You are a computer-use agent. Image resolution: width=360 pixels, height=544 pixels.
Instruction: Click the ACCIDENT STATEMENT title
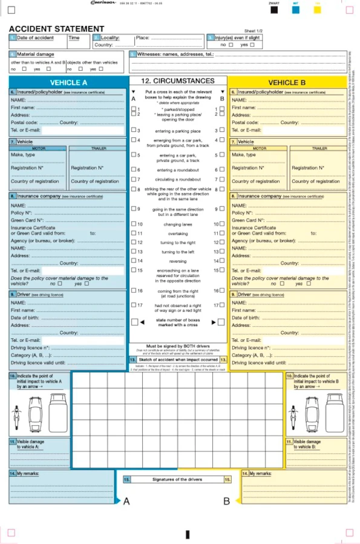56,28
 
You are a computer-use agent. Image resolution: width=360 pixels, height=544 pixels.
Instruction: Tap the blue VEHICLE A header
68,82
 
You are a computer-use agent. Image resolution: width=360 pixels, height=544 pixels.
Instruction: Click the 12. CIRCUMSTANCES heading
177,80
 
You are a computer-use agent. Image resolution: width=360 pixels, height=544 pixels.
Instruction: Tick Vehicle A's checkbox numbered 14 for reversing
134,261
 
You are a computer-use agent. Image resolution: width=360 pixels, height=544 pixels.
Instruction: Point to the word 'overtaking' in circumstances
177,233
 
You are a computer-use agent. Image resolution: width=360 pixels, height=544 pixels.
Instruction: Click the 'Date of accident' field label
35,38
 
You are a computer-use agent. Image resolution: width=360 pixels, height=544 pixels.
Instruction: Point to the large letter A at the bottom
126,501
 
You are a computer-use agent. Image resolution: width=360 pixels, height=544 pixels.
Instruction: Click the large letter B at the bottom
226,501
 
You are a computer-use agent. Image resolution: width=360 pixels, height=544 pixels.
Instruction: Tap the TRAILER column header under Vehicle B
319,148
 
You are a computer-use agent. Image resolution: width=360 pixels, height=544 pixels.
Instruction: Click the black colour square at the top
274,10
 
